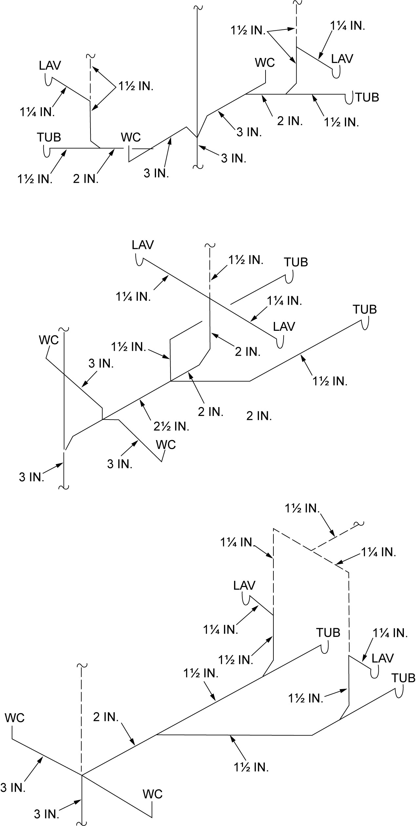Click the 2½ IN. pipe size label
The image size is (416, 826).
[x=171, y=426]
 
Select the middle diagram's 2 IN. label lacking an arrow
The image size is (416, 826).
[x=259, y=416]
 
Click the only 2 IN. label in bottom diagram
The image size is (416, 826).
[x=106, y=717]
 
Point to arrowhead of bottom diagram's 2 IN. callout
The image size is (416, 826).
[x=134, y=744]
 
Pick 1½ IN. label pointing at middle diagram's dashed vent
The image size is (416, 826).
[x=246, y=260]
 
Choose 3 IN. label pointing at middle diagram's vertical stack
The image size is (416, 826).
[x=31, y=477]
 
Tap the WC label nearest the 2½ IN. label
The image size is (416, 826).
[x=166, y=445]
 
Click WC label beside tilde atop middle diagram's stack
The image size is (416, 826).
[x=49, y=340]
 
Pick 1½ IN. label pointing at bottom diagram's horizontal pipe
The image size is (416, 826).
[x=251, y=767]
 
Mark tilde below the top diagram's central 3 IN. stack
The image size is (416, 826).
[x=197, y=167]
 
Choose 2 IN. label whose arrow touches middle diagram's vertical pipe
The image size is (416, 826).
[x=248, y=352]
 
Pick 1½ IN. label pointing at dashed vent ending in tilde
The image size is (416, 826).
[x=302, y=508]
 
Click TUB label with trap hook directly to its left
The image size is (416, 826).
[x=367, y=97]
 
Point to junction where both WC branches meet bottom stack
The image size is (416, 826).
[x=81, y=775]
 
